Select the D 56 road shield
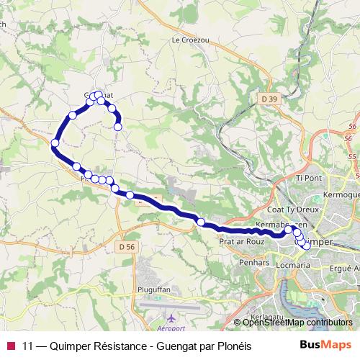tap(127, 246)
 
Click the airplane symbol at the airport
tap(171, 318)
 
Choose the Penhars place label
tap(252, 264)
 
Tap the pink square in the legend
tap(11, 346)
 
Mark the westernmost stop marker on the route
tap(55, 143)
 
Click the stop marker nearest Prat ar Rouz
tap(201, 222)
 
